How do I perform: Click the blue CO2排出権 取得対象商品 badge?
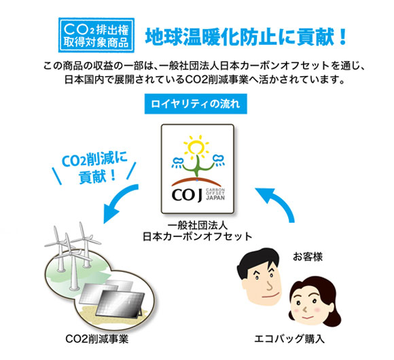96,35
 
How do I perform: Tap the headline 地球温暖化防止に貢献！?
246,37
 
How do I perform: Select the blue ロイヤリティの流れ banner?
196,104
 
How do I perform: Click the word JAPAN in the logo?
215,198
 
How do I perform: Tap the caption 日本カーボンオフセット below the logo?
198,236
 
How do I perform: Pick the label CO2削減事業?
97,339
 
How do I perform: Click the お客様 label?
308,257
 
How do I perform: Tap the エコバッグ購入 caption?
289,339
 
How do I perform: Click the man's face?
263,284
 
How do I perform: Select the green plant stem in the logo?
198,166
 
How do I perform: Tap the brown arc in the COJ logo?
197,181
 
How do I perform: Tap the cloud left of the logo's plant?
179,162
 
